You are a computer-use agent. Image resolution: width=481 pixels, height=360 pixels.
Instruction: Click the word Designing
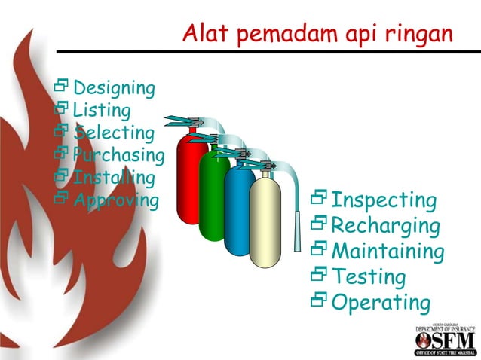coord(114,88)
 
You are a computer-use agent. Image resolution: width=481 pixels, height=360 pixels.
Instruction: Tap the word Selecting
coord(114,133)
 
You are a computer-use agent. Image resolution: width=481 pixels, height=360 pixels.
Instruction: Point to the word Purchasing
coord(118,156)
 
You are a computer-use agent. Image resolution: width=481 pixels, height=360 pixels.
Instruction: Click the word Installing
coord(114,178)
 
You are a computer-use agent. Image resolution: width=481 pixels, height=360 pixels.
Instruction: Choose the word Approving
coord(116,200)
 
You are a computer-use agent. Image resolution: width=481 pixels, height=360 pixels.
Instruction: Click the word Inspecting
coord(384,200)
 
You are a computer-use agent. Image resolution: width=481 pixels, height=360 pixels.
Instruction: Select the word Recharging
coord(385,226)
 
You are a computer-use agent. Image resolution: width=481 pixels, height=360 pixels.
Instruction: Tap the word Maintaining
coord(388,251)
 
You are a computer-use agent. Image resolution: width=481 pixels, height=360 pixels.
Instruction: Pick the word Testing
coord(369,276)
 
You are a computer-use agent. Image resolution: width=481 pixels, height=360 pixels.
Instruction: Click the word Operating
coord(381,302)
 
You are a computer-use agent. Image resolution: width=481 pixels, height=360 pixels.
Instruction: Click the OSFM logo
coord(446,340)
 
